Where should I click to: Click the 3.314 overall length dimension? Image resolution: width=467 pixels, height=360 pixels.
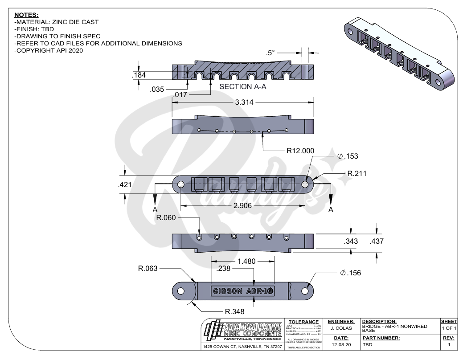coord(244,102)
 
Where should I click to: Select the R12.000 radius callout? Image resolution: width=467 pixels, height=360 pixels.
coord(300,151)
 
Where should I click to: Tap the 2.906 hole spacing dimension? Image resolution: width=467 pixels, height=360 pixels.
coord(243,206)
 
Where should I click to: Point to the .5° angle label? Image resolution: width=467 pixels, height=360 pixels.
coord(272,53)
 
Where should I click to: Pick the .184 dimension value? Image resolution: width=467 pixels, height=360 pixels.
coord(139,75)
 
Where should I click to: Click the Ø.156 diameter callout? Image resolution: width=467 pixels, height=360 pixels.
coord(350,273)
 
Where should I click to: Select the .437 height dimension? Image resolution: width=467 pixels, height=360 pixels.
coord(377,241)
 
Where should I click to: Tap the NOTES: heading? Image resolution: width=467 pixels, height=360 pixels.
coord(26,15)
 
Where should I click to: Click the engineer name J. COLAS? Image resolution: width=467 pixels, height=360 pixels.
coord(341,328)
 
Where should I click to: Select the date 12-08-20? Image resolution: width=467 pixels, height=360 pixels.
coord(341,344)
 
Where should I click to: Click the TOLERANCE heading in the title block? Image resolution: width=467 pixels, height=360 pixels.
coord(303,322)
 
